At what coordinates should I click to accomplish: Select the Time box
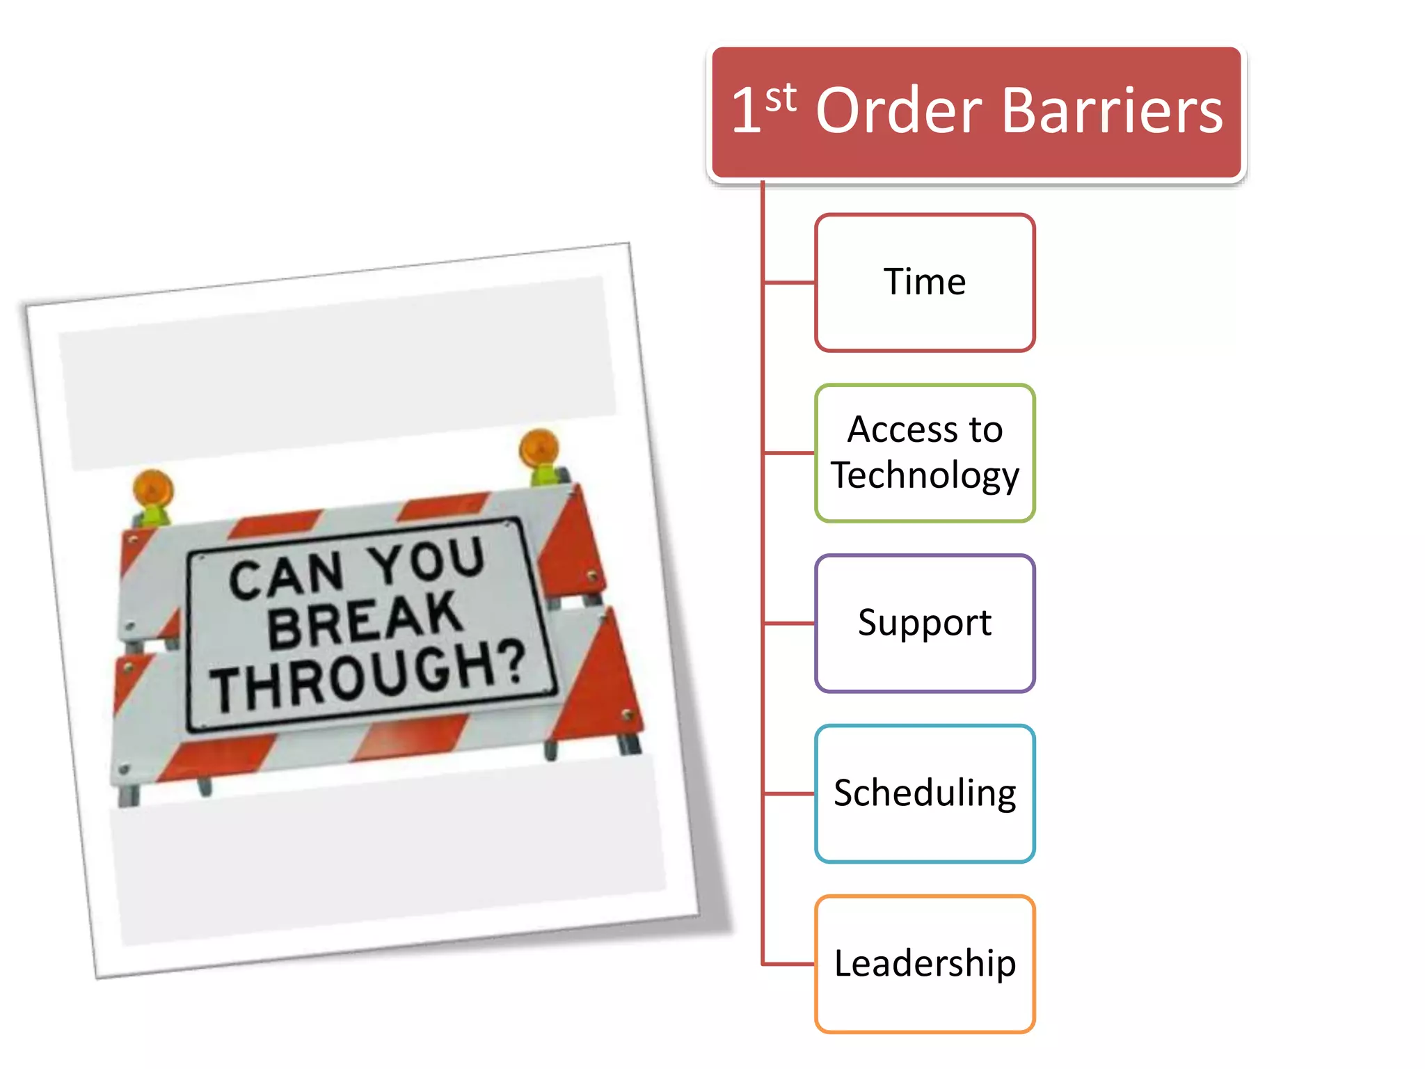coord(925,282)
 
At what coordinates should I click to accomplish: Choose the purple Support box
coord(925,622)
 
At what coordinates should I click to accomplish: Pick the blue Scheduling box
coord(925,793)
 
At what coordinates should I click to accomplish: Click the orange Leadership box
coord(925,963)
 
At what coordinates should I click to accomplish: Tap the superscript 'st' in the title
coord(781,98)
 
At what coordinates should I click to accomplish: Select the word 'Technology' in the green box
coord(925,475)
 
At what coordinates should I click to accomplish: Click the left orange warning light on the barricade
coord(153,489)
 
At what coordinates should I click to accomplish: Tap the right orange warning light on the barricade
coord(539,448)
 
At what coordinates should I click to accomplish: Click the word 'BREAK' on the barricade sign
coord(365,619)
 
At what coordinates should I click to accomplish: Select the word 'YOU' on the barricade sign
coord(426,561)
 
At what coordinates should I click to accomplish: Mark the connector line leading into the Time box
coord(790,283)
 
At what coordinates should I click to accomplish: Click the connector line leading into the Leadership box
coord(790,964)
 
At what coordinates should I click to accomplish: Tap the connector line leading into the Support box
coord(790,623)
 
